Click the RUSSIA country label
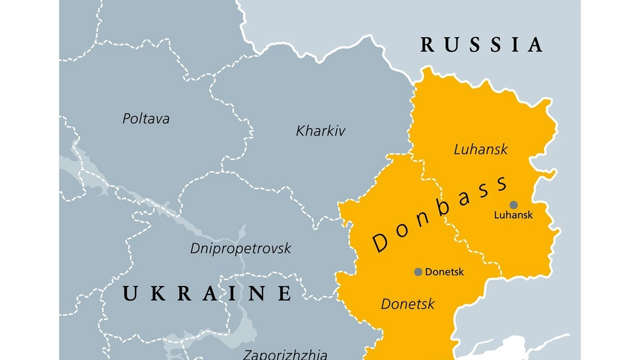[481, 45]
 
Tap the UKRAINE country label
[207, 293]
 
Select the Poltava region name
[146, 119]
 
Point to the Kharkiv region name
[321, 131]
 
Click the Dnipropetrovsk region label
[240, 248]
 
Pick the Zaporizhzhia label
[285, 354]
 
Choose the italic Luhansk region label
[481, 149]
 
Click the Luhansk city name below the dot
[513, 215]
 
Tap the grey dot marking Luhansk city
[514, 205]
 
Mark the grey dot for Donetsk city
[418, 272]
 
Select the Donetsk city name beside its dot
[444, 272]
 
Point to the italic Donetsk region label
[407, 304]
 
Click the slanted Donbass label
[440, 214]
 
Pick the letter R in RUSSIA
[428, 45]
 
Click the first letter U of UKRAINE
[130, 293]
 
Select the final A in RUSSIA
[535, 45]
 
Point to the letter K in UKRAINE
[156, 293]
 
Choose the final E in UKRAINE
[284, 293]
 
